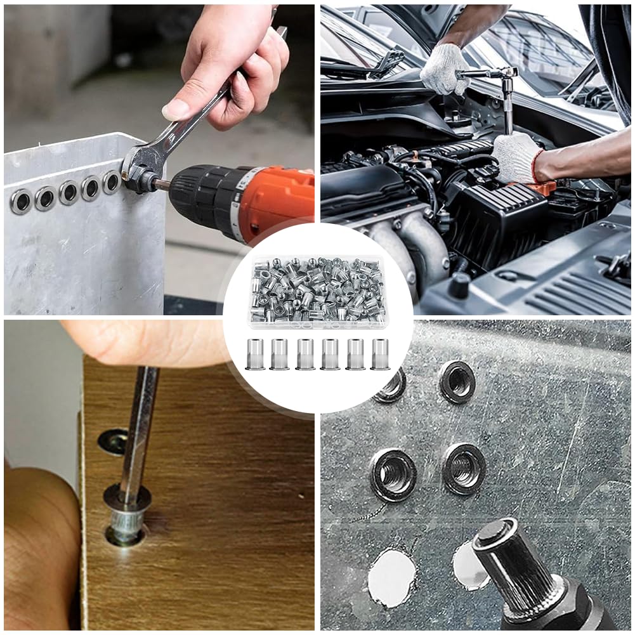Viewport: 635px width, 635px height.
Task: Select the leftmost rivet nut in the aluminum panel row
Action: [20, 202]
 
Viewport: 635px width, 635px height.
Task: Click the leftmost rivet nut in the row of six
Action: [255, 354]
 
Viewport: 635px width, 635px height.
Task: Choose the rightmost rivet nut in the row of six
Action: [381, 354]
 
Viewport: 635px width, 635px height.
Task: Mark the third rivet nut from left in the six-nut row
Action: [305, 354]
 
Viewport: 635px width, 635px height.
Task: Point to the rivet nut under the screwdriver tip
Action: [126, 520]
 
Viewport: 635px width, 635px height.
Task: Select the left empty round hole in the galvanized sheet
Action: [391, 577]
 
